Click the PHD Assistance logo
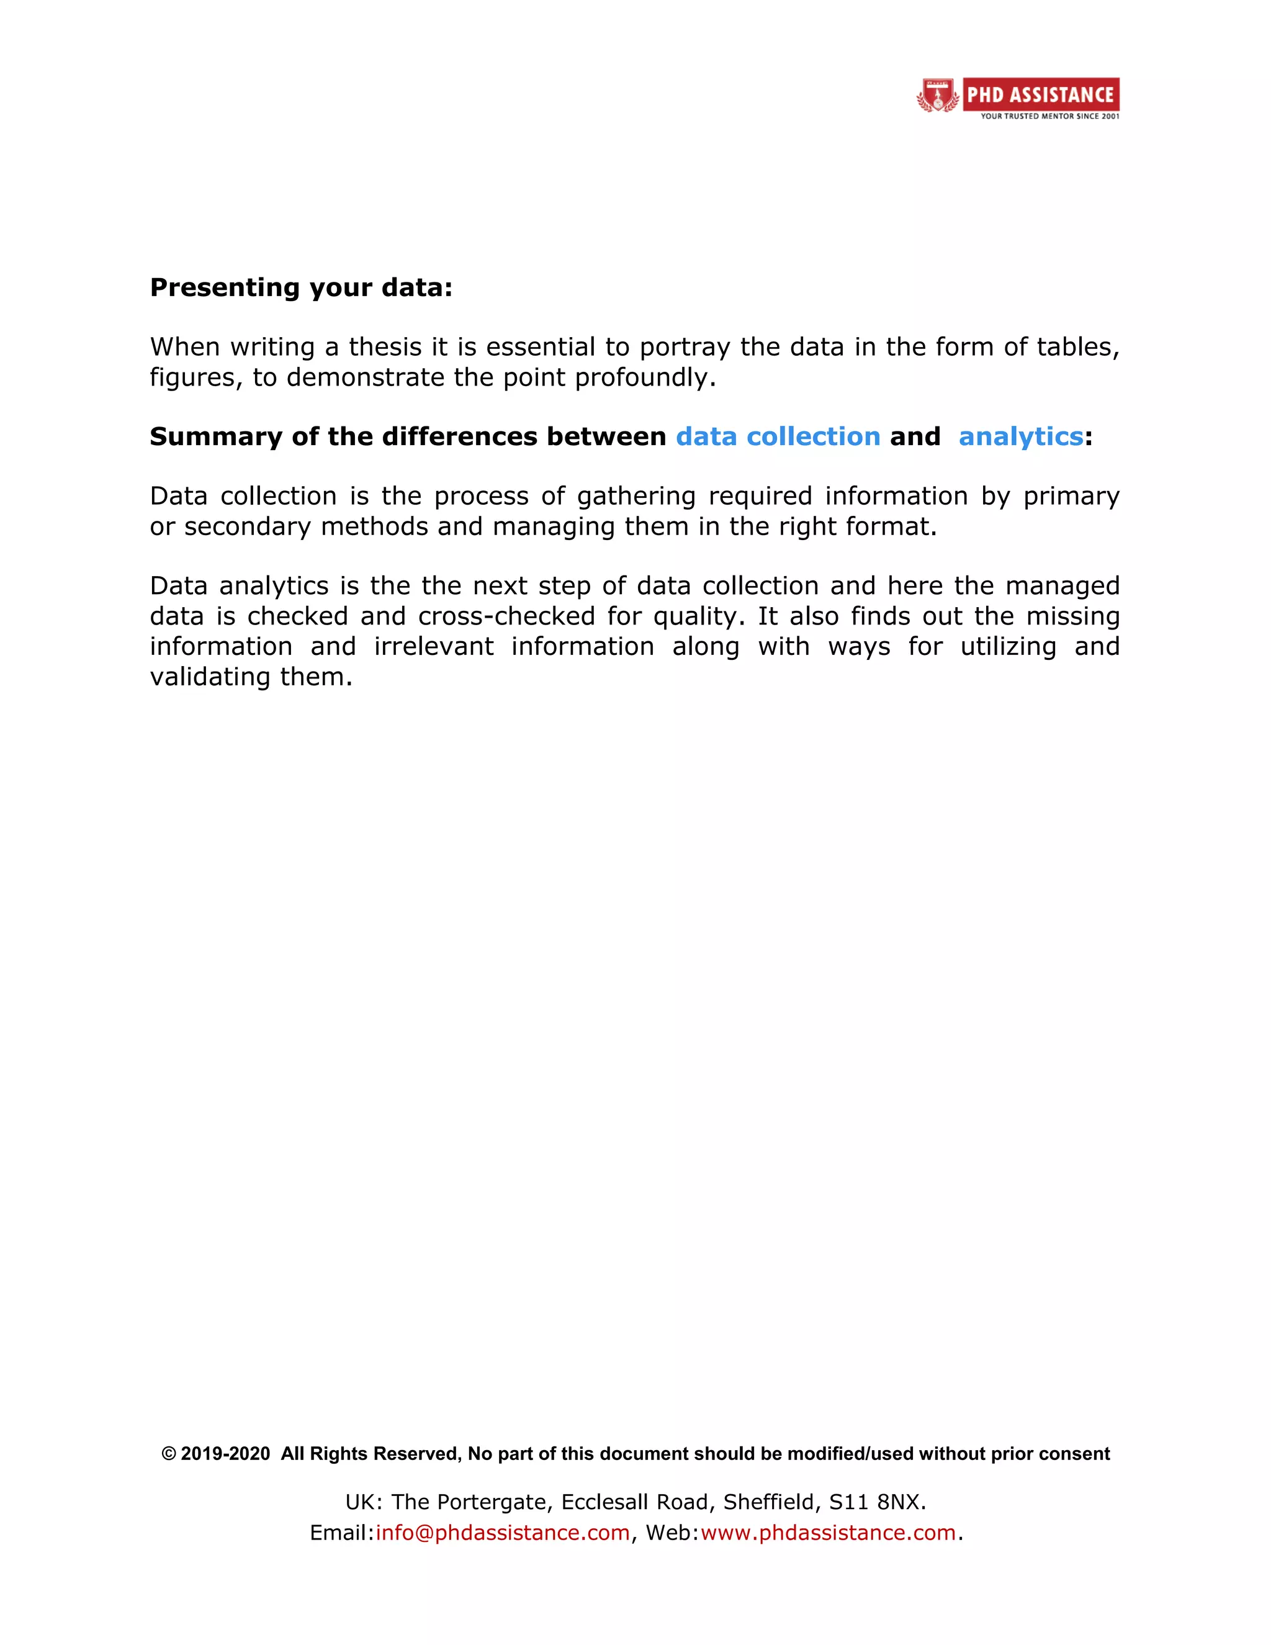click(1017, 98)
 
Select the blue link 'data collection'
click(778, 436)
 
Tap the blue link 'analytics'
click(1020, 436)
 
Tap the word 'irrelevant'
click(434, 646)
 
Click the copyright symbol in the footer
click(169, 1454)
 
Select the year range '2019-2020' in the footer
click(225, 1454)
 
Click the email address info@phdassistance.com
click(502, 1533)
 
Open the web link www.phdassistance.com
click(827, 1533)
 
